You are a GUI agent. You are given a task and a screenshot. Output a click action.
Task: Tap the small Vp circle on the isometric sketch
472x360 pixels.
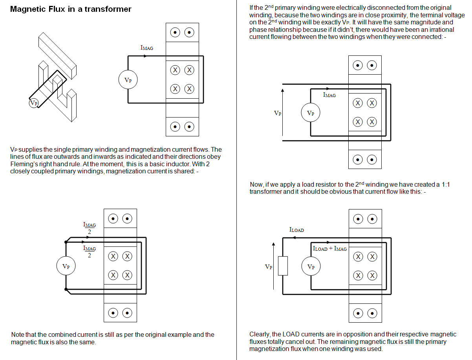[34, 103]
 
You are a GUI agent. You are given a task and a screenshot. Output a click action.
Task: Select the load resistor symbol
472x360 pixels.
[283, 266]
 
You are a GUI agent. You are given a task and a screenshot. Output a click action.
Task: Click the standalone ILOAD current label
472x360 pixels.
[296, 230]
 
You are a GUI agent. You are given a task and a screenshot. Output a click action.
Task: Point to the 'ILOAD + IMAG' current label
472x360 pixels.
[329, 249]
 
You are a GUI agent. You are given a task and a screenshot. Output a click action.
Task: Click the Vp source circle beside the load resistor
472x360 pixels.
[311, 267]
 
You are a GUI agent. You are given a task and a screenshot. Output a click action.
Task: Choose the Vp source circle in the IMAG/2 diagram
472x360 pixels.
[66, 266]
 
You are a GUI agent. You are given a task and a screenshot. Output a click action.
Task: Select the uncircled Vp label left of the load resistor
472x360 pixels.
[269, 267]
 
